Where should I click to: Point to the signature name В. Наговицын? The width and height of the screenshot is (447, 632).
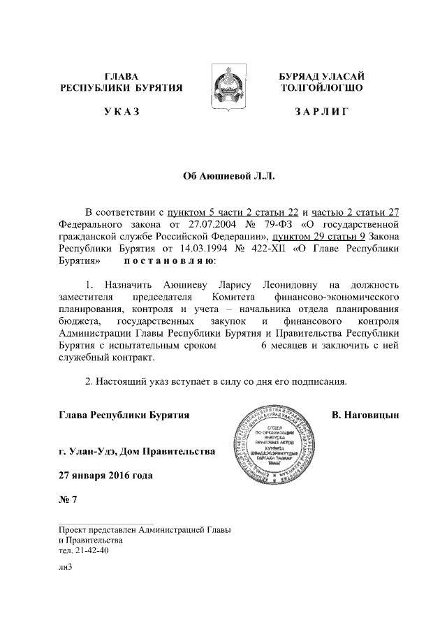point(365,416)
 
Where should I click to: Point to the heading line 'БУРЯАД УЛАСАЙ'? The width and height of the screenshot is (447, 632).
point(322,75)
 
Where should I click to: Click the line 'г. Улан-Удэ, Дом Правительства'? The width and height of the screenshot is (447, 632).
point(136,452)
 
